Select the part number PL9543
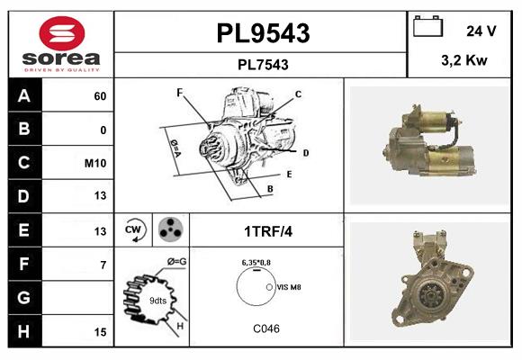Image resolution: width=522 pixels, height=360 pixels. tap(262, 33)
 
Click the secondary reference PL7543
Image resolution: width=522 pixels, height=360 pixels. tap(262, 65)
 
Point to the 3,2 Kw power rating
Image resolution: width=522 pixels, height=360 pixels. tap(464, 61)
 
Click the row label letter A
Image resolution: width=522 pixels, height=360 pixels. tap(24, 95)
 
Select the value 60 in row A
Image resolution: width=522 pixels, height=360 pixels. tap(100, 96)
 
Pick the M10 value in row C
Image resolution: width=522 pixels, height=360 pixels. tap(96, 163)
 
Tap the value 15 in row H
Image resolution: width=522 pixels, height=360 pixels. tap(100, 332)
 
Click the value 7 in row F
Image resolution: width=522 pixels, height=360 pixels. tap(103, 265)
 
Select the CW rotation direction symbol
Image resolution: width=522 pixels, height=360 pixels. tap(134, 230)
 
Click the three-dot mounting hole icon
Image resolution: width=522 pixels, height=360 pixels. tap(169, 229)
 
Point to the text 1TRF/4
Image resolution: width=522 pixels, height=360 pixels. tap(267, 231)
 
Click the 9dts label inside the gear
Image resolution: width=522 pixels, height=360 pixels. tap(157, 301)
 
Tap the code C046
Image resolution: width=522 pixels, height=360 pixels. tap(265, 328)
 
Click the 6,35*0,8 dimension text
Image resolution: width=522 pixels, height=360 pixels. tap(259, 262)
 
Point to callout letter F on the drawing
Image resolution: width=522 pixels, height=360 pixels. tap(180, 92)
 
